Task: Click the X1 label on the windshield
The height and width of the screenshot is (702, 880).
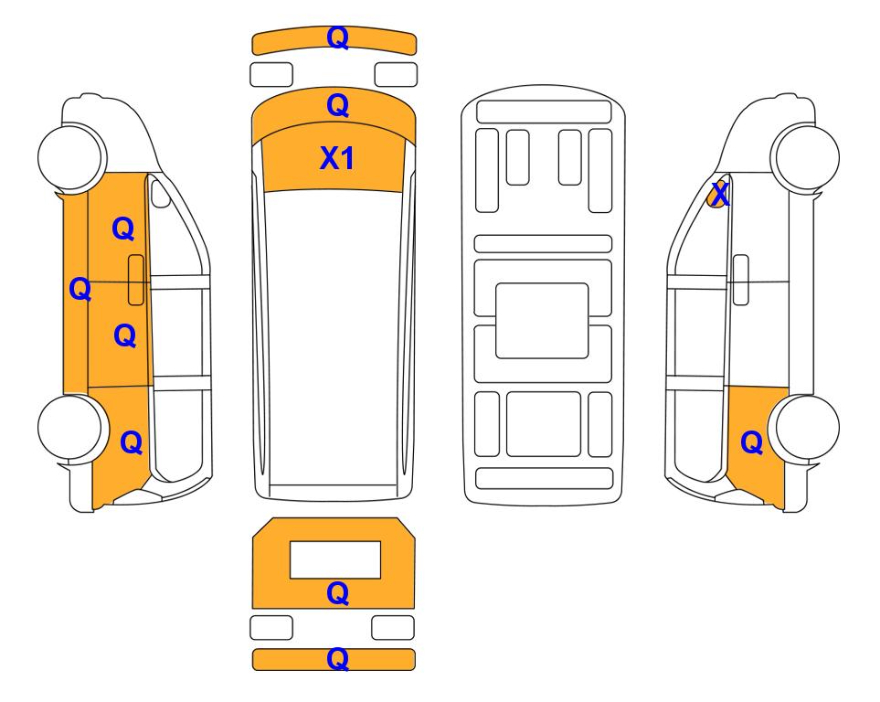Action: pos(336,158)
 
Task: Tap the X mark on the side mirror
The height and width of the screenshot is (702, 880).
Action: pos(719,195)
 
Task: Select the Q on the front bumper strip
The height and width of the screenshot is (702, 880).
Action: pos(337,37)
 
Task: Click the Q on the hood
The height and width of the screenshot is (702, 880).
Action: pos(337,105)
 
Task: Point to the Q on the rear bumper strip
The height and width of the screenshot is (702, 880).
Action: pos(337,659)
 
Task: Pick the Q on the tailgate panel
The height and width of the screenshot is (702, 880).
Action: pos(337,593)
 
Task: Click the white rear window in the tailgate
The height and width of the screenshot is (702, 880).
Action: pos(335,560)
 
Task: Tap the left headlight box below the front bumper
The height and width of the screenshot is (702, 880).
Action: pos(271,75)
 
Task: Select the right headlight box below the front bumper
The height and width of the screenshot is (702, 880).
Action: pos(396,75)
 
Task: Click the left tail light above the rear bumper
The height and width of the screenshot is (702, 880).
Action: pos(271,627)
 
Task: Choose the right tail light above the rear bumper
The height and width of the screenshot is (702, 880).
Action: pos(393,627)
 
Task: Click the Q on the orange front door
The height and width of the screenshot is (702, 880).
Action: pos(123,229)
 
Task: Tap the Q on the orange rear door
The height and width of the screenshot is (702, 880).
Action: pos(124,335)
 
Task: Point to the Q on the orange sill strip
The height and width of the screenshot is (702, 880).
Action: pos(80,289)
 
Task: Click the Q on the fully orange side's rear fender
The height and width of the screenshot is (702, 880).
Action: pos(132,442)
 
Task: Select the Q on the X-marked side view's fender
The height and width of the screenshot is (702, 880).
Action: pos(751,442)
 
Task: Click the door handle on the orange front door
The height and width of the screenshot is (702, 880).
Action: pos(136,280)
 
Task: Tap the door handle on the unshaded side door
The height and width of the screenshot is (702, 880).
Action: pos(741,280)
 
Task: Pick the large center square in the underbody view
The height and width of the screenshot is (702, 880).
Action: pos(542,321)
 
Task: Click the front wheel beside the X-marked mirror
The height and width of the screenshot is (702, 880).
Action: pos(805,157)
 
